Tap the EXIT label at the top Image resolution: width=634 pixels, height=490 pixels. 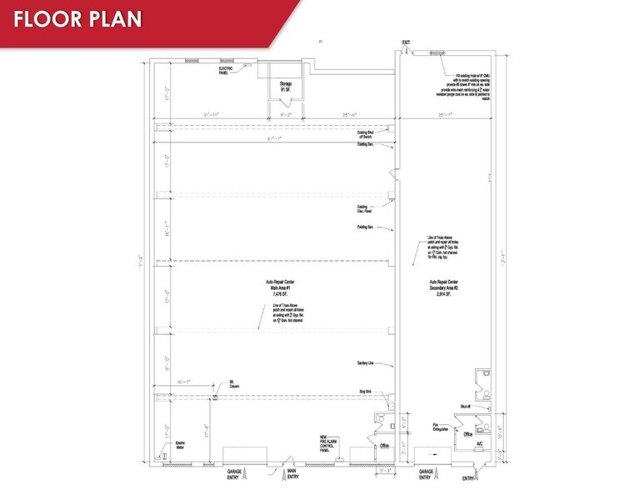click(406, 42)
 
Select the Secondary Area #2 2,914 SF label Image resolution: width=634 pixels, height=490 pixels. click(442, 288)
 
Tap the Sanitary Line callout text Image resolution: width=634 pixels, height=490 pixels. click(362, 363)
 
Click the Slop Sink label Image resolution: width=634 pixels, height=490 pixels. click(363, 390)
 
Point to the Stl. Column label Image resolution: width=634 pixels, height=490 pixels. click(234, 384)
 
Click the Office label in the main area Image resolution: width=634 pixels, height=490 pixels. click(384, 446)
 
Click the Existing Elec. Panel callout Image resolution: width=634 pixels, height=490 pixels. click(363, 209)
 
